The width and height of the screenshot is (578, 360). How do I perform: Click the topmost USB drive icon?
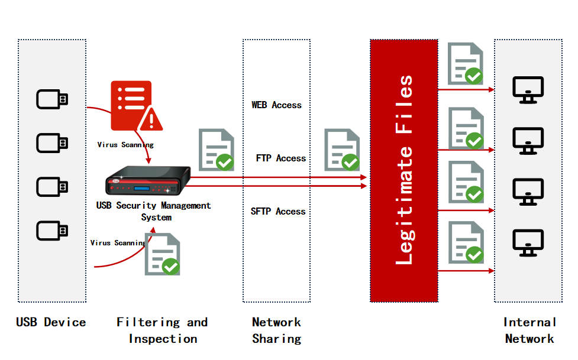[52, 99]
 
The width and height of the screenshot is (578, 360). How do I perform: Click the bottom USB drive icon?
[52, 231]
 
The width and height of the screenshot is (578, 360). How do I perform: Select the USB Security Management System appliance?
[148, 181]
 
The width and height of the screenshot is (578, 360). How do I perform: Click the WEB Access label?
[276, 105]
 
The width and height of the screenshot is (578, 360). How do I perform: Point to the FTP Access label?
[280, 158]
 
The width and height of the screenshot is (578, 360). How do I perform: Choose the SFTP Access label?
[278, 212]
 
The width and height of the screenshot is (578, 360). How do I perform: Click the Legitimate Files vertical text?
[405, 170]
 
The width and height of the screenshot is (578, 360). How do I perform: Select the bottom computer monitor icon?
[528, 243]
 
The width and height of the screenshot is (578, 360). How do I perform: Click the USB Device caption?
[51, 323]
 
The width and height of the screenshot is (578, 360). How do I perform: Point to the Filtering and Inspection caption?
[162, 330]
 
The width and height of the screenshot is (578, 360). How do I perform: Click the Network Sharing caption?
[276, 330]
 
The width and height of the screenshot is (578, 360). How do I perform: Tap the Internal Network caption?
[529, 330]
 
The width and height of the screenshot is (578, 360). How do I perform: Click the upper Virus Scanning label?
[125, 144]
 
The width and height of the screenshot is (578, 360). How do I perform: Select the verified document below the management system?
[163, 254]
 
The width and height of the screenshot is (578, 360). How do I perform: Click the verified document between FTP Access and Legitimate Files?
[342, 150]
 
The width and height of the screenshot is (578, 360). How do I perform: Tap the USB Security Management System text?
[154, 211]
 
